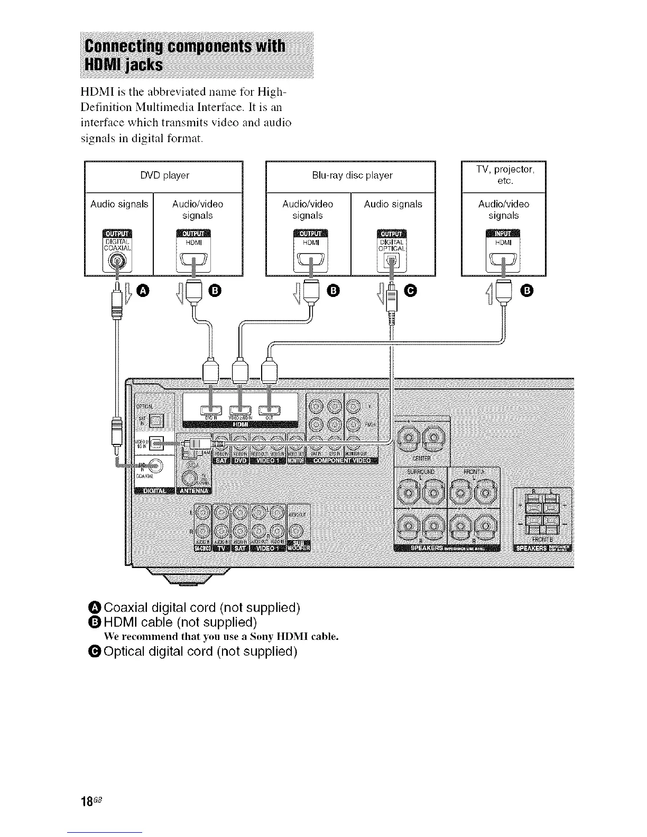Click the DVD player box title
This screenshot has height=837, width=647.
164,175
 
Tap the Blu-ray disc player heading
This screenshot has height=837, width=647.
352,175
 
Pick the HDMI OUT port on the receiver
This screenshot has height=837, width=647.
269,410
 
